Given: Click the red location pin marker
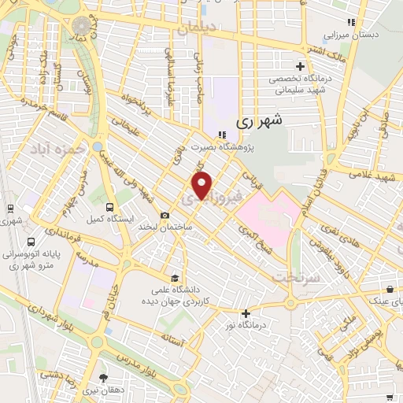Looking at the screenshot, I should [202, 186].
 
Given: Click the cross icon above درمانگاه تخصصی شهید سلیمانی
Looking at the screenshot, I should [299, 65].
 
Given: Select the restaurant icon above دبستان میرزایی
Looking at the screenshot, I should [352, 22].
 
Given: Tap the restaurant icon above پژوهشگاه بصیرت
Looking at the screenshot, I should [221, 134].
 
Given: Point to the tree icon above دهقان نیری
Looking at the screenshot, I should [102, 377].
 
